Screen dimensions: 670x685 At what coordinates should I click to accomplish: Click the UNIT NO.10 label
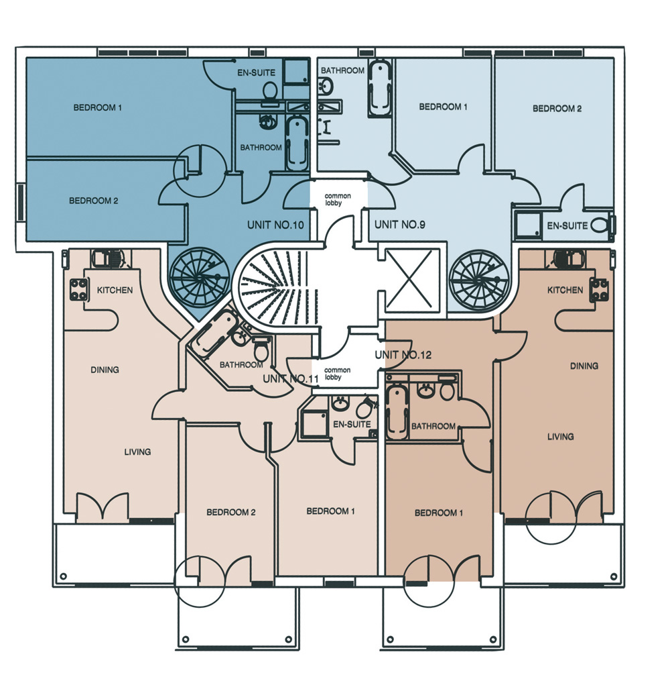(x=275, y=225)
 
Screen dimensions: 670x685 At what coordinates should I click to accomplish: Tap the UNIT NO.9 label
(x=399, y=225)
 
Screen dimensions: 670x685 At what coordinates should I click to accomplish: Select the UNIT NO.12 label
(x=403, y=355)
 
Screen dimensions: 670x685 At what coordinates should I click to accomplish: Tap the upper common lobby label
(x=338, y=200)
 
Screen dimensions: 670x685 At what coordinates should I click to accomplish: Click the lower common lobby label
(x=337, y=374)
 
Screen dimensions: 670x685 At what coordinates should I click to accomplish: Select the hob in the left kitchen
(x=78, y=290)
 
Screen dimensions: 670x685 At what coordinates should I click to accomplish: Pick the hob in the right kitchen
(x=600, y=290)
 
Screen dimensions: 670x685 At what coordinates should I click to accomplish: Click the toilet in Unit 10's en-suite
(x=269, y=91)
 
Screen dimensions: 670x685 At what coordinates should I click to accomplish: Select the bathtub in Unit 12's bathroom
(x=397, y=408)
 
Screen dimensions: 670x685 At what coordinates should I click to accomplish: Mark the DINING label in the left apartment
(x=105, y=370)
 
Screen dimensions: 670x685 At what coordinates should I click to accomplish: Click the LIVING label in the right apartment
(x=561, y=436)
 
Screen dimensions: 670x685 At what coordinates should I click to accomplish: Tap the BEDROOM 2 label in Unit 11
(x=230, y=512)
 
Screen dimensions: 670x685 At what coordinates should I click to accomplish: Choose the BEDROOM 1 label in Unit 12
(x=438, y=513)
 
